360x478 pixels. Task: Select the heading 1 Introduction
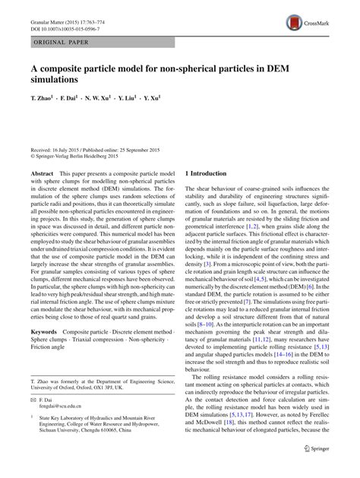pyautogui.click(x=207, y=174)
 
